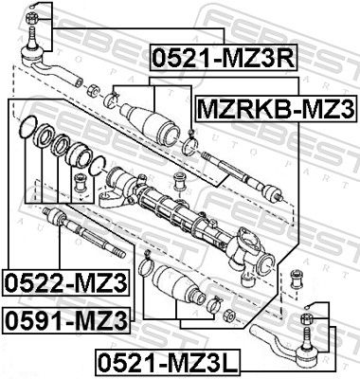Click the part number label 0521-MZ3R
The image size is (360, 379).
(220, 59)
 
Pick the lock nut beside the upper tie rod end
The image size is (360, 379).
(94, 91)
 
